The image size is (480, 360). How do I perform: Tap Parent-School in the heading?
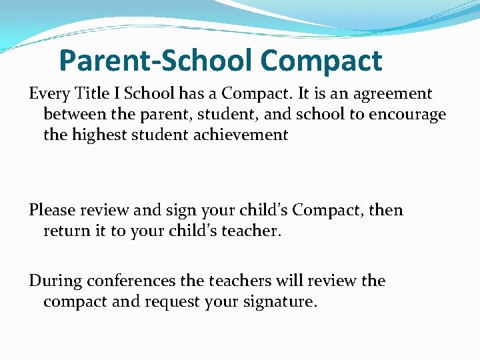click(156, 61)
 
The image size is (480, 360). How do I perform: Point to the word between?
click(75, 115)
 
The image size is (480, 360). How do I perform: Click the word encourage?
click(407, 115)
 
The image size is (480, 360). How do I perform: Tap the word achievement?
click(239, 135)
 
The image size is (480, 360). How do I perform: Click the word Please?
click(53, 211)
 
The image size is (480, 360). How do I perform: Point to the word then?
click(386, 211)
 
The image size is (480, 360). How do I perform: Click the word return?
click(65, 231)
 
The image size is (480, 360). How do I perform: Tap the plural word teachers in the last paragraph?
click(239, 281)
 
